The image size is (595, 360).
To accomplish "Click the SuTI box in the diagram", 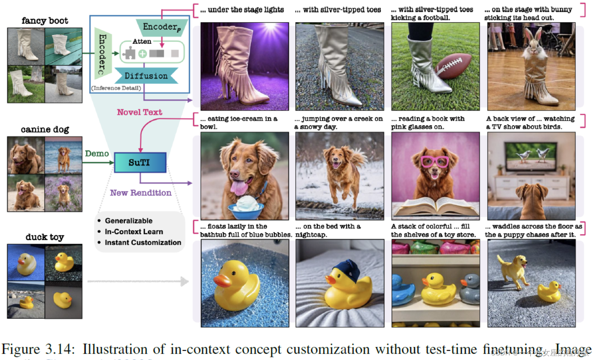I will tap(140, 162).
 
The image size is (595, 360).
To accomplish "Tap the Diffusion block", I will tap(146, 76).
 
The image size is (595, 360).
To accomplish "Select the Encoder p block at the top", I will tap(161, 27).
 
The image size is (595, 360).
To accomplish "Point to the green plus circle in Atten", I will tap(143, 54).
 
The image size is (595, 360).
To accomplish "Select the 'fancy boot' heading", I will tap(45, 21).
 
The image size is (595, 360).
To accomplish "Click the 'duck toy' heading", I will tap(45, 237).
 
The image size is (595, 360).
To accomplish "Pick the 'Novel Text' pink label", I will tap(139, 112).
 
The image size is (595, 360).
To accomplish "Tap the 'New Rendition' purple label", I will tap(141, 193).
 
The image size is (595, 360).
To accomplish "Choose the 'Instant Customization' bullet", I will tap(143, 242).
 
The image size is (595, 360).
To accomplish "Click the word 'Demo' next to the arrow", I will tap(97, 153).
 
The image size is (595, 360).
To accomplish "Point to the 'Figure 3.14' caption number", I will tap(38, 349).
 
